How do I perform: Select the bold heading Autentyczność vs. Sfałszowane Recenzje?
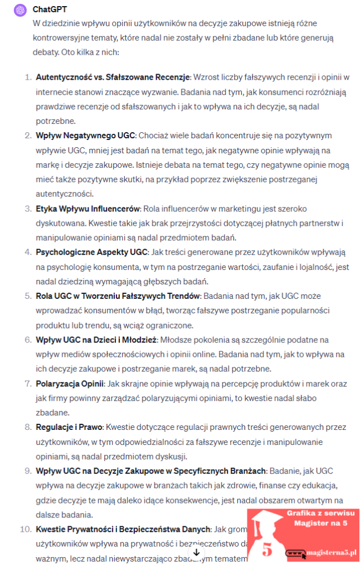113,76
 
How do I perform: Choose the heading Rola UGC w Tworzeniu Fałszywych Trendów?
118,296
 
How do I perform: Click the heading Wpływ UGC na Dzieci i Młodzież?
97,339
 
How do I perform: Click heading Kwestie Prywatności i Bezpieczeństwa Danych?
123,529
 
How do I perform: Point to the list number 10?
25,529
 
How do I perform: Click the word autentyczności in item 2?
62,194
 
